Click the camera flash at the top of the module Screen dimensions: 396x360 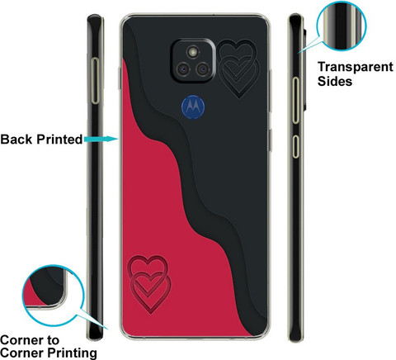(193, 51)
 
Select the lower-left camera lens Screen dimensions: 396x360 (182, 69)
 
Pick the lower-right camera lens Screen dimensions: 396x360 (203, 69)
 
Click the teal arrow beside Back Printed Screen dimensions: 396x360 (101, 139)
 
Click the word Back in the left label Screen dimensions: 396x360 (16, 140)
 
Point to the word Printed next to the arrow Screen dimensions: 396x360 (59, 140)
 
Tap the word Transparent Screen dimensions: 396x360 (356, 68)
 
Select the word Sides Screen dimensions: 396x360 (335, 82)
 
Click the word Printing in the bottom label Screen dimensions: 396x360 (72, 353)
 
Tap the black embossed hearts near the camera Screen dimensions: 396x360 (238, 69)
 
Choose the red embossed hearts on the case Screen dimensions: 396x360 (148, 285)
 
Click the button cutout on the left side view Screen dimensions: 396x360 (95, 81)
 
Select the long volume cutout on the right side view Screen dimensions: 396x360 (295, 100)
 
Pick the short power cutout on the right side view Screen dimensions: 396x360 (295, 146)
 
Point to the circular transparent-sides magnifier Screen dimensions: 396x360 (342, 26)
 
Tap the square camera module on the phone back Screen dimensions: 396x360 (193, 60)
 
